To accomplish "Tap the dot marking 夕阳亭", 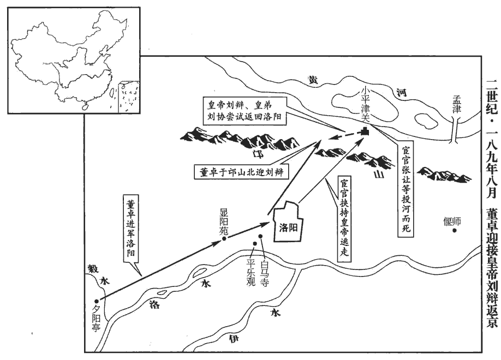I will [x=97, y=301].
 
